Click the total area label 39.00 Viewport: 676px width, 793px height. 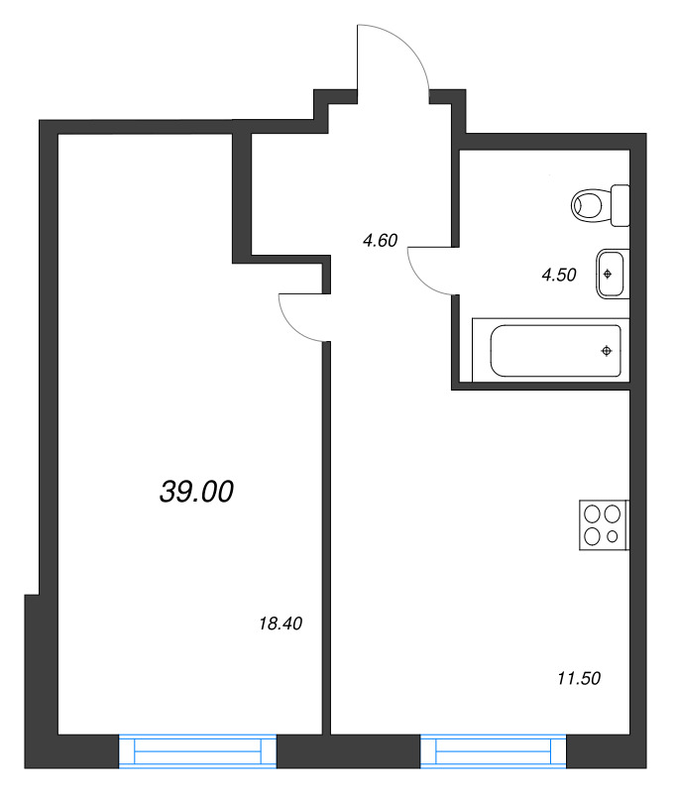196,491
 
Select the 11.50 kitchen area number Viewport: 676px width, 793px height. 580,679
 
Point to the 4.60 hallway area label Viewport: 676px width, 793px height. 381,239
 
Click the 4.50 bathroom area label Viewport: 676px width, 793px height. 559,276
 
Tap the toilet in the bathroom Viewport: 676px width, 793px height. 601,206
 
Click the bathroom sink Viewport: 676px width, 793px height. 611,274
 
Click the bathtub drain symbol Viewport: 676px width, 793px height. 608,350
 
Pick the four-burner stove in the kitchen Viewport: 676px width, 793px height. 604,524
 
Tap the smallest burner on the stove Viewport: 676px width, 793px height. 614,536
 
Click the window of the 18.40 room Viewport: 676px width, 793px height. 197,751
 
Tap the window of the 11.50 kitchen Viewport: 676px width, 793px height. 493,751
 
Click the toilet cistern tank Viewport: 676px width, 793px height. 620,205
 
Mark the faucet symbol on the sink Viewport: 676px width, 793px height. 608,272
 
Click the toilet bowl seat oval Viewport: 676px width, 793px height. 589,206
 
